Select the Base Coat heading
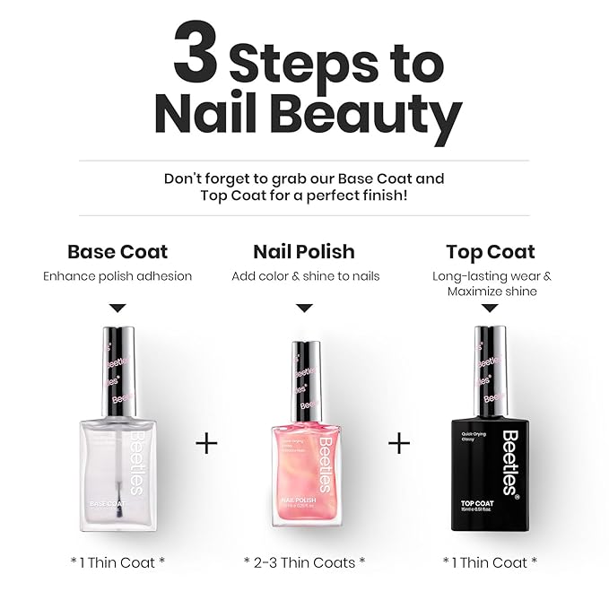point(117,251)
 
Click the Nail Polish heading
point(304,251)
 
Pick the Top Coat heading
point(491,251)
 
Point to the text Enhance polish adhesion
point(117,276)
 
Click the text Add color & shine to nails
point(305,276)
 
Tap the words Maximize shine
point(492,291)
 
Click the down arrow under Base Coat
point(117,308)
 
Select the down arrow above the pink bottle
point(304,308)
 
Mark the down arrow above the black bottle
point(491,308)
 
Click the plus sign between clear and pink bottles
point(206,443)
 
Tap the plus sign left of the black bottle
point(398,443)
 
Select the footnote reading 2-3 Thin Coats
point(304,562)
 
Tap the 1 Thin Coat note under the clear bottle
point(117,562)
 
